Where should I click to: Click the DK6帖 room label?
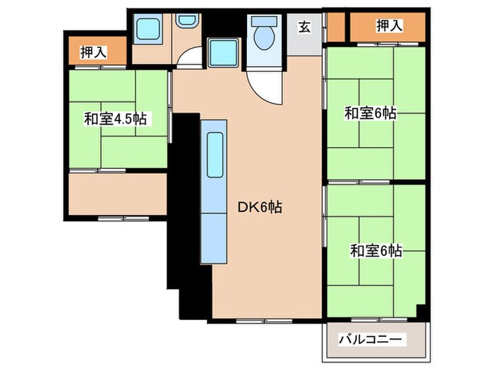tap(260, 209)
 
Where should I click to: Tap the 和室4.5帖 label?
tap(115, 118)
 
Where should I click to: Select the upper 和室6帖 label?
tap(370, 113)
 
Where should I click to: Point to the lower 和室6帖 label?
tap(377, 249)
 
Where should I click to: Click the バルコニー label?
tap(374, 340)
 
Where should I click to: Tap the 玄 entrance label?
tap(304, 27)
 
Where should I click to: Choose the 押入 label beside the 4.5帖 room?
tap(93, 51)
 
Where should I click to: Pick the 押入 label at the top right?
tap(389, 26)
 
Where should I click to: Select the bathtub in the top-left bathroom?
tap(149, 29)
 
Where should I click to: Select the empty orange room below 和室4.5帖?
tap(118, 194)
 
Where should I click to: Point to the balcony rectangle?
tap(375, 340)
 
